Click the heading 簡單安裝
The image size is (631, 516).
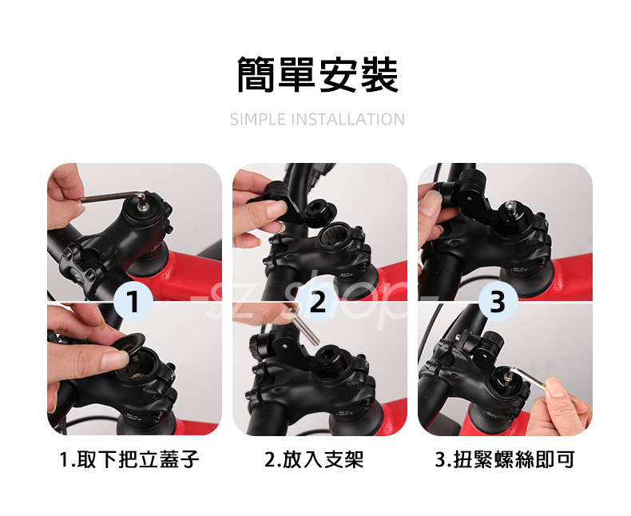tap(318, 74)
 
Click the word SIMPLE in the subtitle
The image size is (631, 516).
tap(257, 120)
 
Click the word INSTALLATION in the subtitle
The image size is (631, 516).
tap(347, 120)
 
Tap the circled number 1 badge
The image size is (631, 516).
tap(133, 301)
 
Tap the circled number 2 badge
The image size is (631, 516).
tap(318, 301)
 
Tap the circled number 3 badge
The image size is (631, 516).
tap(498, 301)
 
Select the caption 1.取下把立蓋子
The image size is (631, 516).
tap(129, 459)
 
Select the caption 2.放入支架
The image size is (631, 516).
tap(314, 459)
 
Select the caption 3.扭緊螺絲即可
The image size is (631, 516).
tap(505, 459)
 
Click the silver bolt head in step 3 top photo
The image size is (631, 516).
tap(510, 208)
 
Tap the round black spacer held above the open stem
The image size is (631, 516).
tap(319, 211)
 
